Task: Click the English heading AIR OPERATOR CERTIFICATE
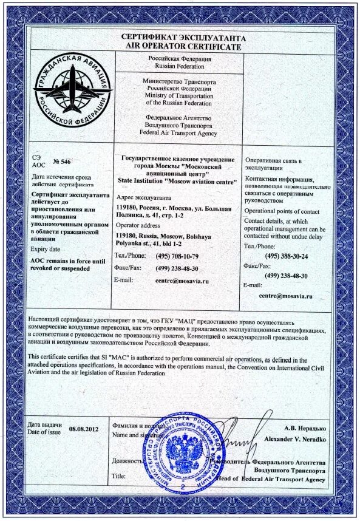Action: tap(183, 46)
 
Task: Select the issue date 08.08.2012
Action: tap(83, 429)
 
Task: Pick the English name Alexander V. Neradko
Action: tap(296, 438)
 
